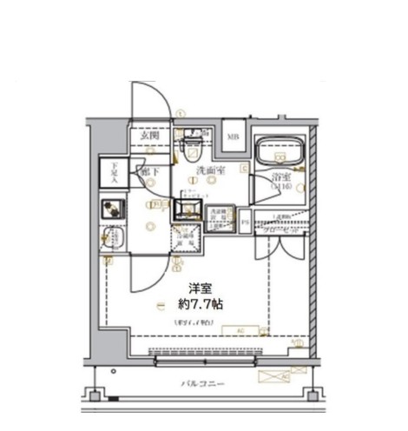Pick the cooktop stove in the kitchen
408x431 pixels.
pyautogui.click(x=112, y=209)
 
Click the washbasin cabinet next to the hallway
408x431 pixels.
pyautogui.click(x=186, y=209)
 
